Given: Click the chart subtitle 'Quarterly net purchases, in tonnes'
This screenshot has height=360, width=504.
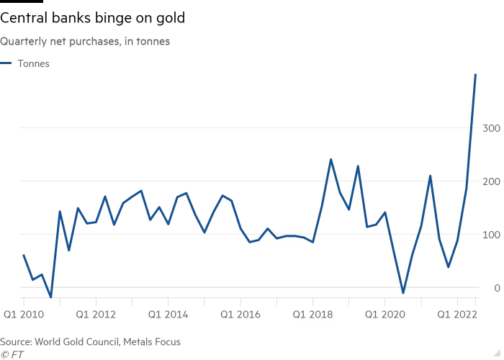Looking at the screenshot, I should point(85,42).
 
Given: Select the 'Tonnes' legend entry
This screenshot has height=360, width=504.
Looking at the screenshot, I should point(33,63).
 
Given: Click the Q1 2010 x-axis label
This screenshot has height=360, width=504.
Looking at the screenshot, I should point(24,315).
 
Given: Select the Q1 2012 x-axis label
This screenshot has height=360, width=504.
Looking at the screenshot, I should point(96,315).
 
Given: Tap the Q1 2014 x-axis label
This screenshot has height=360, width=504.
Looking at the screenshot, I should point(168,315).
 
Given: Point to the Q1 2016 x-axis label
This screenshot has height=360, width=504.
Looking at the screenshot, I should point(240,315).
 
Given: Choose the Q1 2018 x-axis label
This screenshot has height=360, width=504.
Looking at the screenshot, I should point(312,315).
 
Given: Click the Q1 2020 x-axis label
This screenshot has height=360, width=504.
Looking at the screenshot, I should point(384,315).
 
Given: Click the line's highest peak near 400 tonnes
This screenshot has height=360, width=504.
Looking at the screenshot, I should point(475,75).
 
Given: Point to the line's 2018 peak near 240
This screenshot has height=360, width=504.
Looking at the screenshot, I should point(330,159).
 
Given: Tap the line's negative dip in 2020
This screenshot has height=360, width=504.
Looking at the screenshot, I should point(403,293).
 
